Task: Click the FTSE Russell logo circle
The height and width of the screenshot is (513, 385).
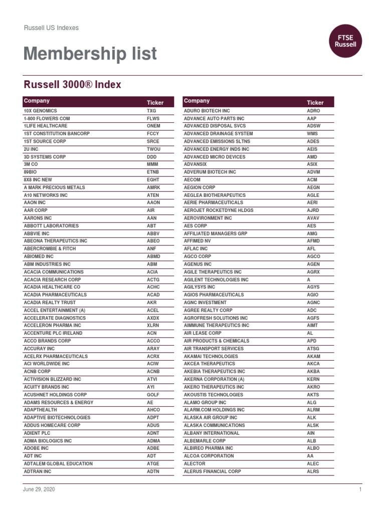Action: (345, 41)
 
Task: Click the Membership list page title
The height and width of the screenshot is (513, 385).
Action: (90, 54)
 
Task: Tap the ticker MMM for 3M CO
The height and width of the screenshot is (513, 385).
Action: (152, 164)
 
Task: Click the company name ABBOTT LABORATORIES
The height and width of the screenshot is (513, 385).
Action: (51, 226)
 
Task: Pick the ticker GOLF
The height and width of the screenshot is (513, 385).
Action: (153, 395)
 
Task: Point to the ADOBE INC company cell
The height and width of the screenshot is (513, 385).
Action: (36, 448)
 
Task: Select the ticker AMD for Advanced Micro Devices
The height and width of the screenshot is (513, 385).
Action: (312, 157)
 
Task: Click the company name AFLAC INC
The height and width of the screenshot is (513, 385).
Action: (196, 249)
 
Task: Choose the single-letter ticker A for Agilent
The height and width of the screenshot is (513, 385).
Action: (309, 280)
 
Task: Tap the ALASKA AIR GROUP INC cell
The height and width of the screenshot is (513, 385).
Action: (211, 418)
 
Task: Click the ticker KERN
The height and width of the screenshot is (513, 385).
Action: (313, 379)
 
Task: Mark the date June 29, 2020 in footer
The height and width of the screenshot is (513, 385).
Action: (39, 489)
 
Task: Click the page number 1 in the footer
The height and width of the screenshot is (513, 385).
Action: (360, 489)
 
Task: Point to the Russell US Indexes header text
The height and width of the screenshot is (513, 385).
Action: (51, 28)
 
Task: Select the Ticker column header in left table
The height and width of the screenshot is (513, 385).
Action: (155, 102)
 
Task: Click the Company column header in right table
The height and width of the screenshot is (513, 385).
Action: (197, 101)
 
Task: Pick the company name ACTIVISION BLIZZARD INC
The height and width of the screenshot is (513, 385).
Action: (52, 379)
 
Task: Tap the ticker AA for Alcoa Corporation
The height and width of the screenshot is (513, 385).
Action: (310, 456)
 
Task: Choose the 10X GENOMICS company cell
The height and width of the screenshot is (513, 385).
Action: (41, 111)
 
